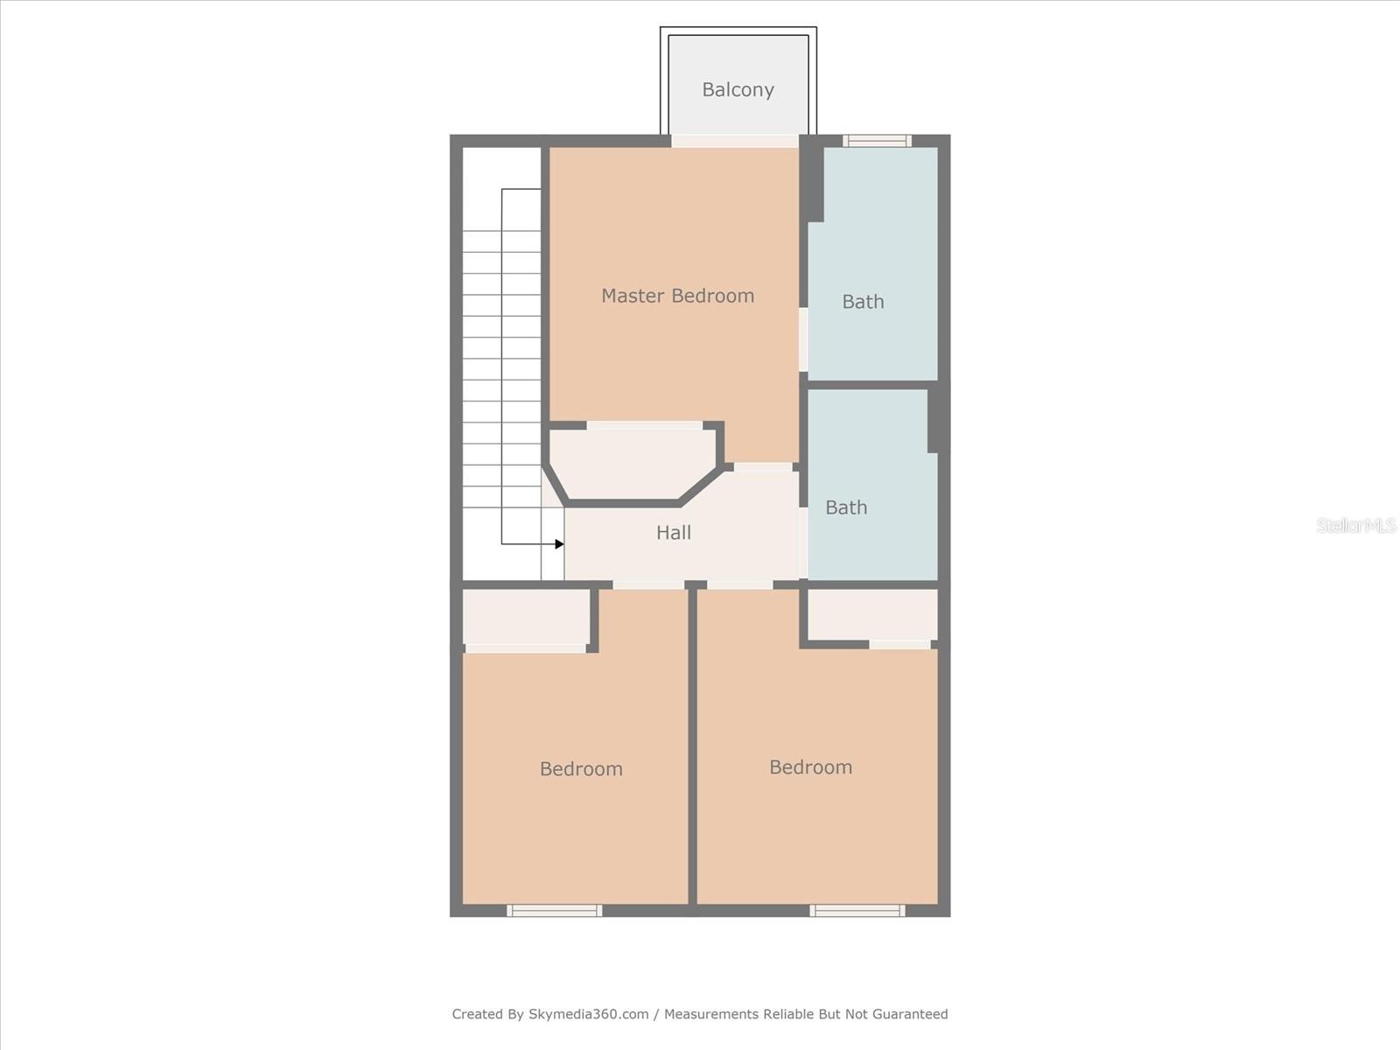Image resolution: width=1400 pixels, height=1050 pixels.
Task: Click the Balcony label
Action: point(738,89)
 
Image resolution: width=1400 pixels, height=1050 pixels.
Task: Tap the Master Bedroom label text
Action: point(677,296)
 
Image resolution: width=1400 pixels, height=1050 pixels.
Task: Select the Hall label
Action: point(673,532)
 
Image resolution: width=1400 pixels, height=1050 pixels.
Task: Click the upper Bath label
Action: point(863,302)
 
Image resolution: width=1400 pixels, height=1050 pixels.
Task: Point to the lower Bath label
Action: point(846,507)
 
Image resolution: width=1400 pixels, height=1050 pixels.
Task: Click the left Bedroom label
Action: point(581,769)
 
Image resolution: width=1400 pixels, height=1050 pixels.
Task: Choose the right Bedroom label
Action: point(810,767)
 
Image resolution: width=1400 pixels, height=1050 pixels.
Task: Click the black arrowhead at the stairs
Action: point(559,544)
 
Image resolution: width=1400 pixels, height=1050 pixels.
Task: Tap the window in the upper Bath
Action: point(877,141)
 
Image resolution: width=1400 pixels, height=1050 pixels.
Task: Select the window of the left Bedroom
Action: point(555,911)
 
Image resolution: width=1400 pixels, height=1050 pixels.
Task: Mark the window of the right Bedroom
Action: point(857,911)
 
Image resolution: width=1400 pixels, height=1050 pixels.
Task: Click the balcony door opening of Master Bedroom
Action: point(734,141)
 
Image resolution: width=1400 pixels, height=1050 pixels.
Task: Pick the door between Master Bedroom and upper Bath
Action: point(803,339)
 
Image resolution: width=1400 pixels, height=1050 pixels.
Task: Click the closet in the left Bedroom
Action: point(525,617)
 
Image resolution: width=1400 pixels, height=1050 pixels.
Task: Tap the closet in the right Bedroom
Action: point(871,614)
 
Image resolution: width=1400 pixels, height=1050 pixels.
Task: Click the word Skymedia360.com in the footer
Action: point(589,1014)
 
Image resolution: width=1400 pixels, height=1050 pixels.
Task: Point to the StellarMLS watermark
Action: point(1355,525)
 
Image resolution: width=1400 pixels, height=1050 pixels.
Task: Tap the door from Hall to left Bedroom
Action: point(648,584)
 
